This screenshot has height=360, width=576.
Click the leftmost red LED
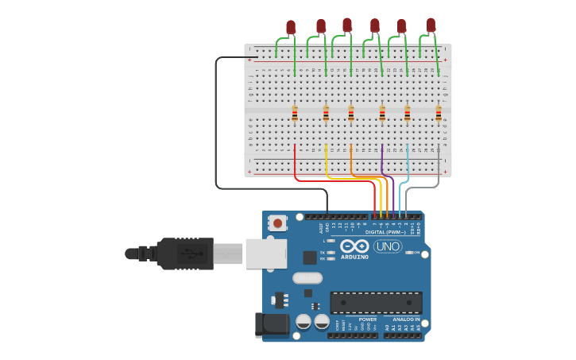291,28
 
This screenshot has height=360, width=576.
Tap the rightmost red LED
431,25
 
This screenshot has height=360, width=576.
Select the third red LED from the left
347,25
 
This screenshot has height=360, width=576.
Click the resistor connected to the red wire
295,114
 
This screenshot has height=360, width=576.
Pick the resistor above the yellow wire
326,114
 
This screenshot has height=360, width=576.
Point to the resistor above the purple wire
382,114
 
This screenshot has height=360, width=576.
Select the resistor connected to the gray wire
439,114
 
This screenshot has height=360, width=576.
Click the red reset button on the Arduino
276,223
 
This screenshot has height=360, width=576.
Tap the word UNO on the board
388,246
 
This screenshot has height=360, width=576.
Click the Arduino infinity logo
354,246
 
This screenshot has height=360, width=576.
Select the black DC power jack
271,325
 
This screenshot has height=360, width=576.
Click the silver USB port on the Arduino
265,254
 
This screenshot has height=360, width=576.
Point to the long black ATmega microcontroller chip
376,303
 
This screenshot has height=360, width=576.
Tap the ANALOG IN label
405,319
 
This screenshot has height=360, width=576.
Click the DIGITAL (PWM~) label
385,232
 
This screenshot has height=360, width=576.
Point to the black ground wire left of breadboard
216,127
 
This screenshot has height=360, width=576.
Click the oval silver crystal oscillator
307,278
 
